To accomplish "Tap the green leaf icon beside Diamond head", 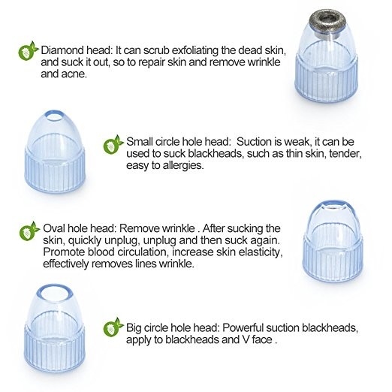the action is tap(29, 51).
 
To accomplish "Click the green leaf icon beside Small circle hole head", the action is tap(113, 144).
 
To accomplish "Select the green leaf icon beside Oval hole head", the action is tap(29, 231).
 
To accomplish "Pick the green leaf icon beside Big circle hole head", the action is tap(113, 327).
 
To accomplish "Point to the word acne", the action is tap(74, 74).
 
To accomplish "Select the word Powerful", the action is tap(243, 327).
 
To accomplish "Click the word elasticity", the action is tap(261, 252).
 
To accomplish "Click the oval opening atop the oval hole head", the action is tap(332, 208).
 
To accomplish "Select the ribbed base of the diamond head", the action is tap(326, 80).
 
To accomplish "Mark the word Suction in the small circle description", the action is tap(254, 142).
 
